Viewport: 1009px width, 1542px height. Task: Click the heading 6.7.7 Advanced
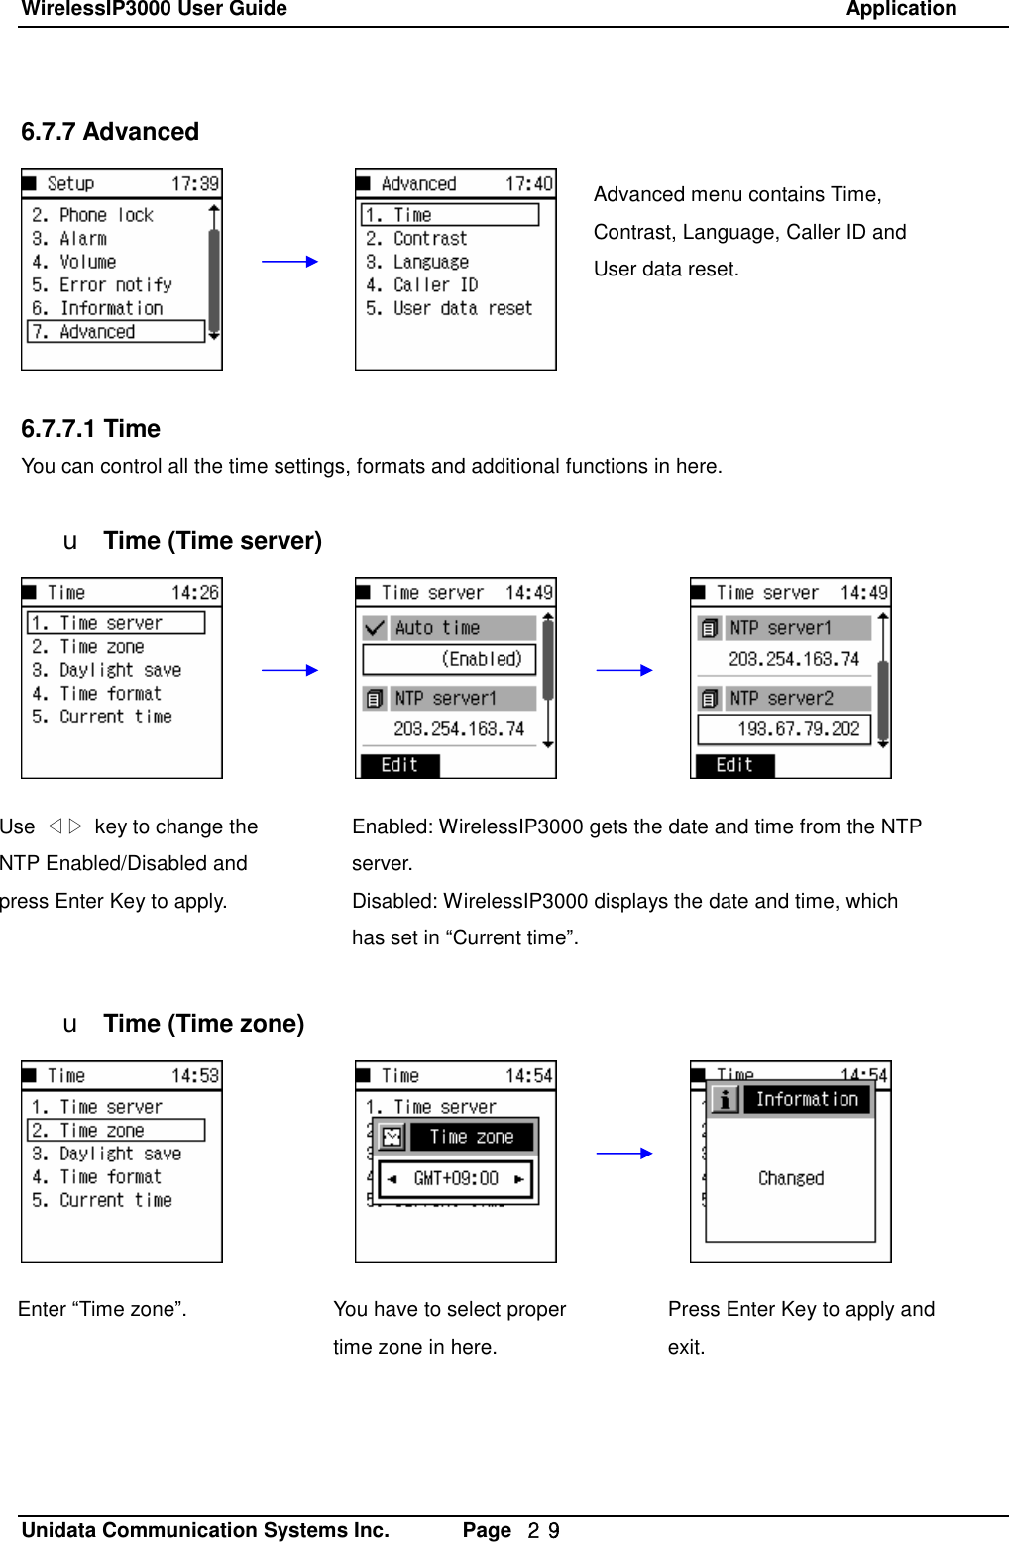[x=110, y=132]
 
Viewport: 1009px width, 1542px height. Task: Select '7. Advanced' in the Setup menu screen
[x=115, y=332]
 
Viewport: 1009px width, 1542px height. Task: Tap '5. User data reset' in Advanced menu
[x=449, y=308]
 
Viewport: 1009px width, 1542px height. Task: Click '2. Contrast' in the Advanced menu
[x=416, y=239]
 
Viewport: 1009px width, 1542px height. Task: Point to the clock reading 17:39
[x=194, y=184]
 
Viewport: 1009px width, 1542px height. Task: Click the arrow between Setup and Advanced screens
[x=289, y=262]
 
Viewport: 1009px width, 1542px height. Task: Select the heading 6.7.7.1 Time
[x=90, y=429]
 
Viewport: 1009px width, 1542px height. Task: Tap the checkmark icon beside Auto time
[x=375, y=628]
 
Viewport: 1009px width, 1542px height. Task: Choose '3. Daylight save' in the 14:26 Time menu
[x=107, y=671]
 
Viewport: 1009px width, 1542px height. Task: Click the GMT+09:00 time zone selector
[x=456, y=1179]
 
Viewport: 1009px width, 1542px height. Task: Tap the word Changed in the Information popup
[x=791, y=1178]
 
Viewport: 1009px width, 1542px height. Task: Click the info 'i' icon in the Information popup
[x=725, y=1100]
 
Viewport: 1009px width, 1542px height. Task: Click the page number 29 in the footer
[x=543, y=1531]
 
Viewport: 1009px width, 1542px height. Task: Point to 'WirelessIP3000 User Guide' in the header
[x=155, y=9]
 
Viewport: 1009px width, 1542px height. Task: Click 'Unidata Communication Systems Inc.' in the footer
[x=205, y=1530]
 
